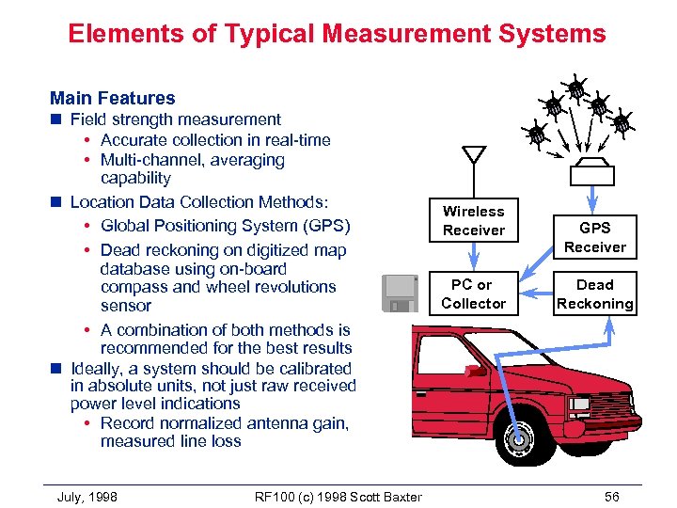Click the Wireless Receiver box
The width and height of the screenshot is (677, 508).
point(474,221)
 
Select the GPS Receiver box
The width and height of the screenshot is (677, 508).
point(594,237)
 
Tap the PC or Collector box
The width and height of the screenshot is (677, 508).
point(474,294)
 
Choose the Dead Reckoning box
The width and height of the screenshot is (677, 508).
point(594,294)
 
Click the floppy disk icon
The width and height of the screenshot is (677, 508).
point(400,294)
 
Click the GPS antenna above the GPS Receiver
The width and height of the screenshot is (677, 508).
point(593,172)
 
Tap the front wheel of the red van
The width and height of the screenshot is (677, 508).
point(516,438)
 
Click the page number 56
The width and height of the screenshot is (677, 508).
point(611,496)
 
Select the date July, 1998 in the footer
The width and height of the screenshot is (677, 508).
point(87,496)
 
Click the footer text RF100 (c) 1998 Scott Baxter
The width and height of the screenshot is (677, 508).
point(338,496)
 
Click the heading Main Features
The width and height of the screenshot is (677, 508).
point(112,98)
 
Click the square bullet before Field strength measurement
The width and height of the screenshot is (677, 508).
point(56,119)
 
